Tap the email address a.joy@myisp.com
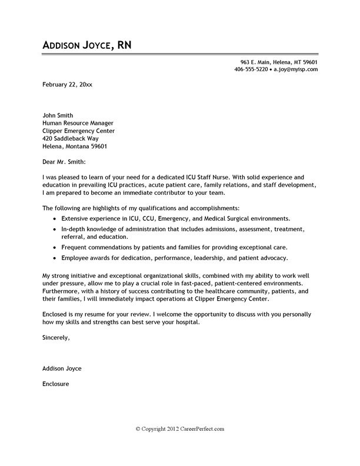tap(296, 69)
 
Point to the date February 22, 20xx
tap(67, 85)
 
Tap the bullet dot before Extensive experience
tap(55, 218)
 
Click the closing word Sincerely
tap(56, 338)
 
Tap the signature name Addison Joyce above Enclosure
tap(62, 368)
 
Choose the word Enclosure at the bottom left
tap(56, 384)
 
